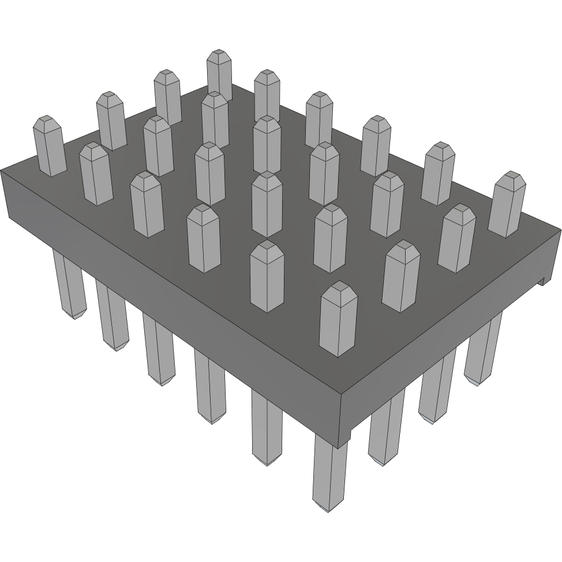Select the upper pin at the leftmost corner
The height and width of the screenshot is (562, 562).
click(x=48, y=147)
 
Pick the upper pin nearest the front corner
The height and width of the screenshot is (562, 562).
click(x=338, y=320)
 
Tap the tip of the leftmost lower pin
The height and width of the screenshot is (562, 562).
click(x=74, y=314)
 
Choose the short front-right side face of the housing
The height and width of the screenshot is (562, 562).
click(x=450, y=329)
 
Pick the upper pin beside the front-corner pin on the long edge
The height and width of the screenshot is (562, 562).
click(x=267, y=277)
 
